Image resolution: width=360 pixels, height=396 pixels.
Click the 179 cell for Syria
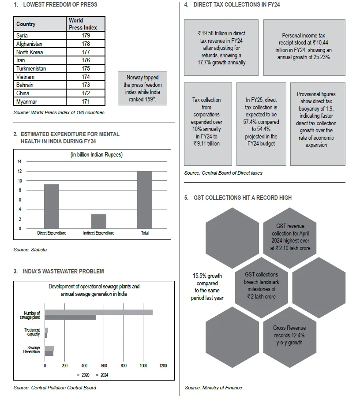[86, 35]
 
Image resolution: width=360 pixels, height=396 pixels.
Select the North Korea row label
[30, 52]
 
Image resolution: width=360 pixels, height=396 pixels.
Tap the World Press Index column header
[86, 24]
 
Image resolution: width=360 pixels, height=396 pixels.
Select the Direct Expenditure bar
[52, 206]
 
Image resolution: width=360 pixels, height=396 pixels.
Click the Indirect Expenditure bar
[98, 221]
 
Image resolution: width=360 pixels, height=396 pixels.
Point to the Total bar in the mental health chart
[145, 200]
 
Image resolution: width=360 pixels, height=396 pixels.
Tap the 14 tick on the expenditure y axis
[20, 161]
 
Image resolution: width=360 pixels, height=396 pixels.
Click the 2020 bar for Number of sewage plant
[98, 312]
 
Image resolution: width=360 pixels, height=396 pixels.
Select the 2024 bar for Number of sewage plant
[71, 317]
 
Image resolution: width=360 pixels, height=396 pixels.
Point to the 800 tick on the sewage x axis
[124, 366]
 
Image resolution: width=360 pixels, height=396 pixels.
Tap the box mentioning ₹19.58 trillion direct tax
[221, 48]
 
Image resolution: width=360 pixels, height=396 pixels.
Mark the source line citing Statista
[30, 250]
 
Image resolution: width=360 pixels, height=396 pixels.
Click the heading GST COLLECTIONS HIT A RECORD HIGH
[242, 198]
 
